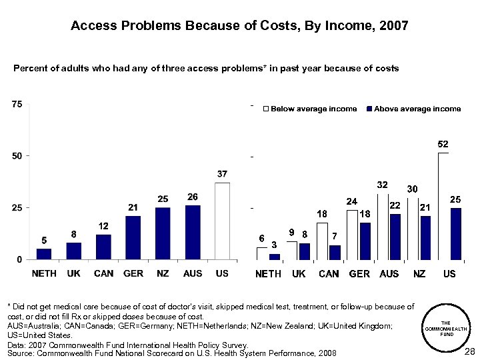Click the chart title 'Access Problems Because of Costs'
(x=239, y=26)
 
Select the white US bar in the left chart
(x=222, y=221)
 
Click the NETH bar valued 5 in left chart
(x=44, y=254)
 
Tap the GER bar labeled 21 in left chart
(x=133, y=237)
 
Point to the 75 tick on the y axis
(x=16, y=104)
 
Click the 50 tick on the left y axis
(x=16, y=156)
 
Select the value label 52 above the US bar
(x=443, y=144)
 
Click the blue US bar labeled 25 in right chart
(x=455, y=233)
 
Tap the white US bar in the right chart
(x=443, y=206)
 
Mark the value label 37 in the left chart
(x=222, y=174)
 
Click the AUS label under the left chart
(x=192, y=273)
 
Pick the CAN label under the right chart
(x=328, y=274)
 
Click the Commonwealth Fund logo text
(x=447, y=327)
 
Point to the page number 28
(x=469, y=351)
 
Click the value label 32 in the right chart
(x=383, y=184)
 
